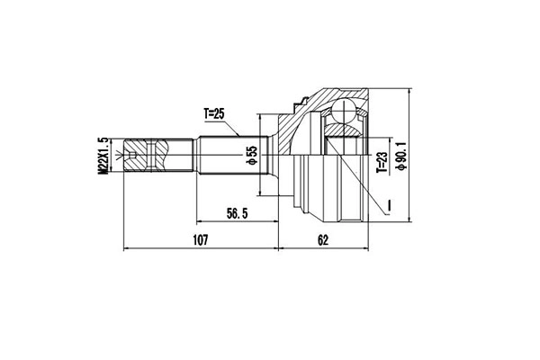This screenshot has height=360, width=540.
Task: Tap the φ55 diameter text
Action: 252,157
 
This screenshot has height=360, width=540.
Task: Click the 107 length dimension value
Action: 200,240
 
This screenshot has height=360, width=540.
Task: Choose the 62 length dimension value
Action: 324,240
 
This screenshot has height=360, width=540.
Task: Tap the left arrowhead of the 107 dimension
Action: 125,247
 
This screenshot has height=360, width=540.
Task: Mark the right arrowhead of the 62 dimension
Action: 366,247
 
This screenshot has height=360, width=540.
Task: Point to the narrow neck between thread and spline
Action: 184,157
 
